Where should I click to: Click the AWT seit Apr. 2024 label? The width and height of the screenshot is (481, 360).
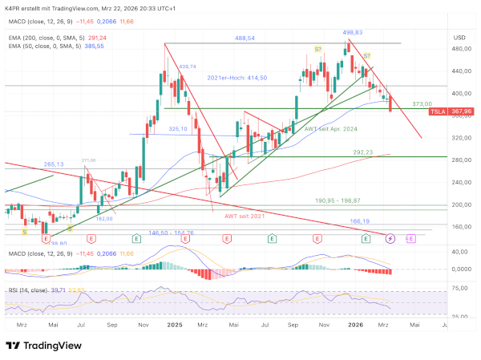coord(331,128)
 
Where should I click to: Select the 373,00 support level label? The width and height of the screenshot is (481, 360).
coord(422,104)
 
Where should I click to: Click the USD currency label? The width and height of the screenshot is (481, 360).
coord(459,37)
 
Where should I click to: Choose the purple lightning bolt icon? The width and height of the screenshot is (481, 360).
coord(390,238)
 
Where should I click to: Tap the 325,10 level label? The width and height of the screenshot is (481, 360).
coord(178,129)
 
